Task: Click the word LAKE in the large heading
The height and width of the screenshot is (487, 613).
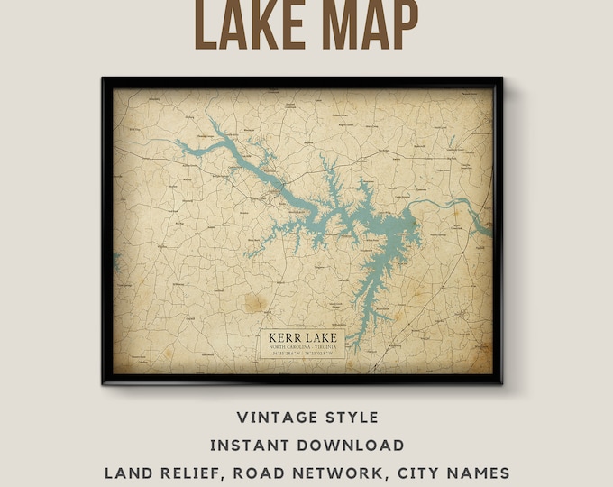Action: (x=247, y=25)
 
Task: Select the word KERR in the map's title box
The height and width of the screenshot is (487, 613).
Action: (x=284, y=339)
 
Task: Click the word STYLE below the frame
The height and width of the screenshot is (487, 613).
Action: (x=352, y=418)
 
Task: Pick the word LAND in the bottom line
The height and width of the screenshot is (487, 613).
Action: (x=125, y=472)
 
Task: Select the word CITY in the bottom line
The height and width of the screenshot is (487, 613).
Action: (x=411, y=472)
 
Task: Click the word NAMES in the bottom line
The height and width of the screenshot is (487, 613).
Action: (x=477, y=472)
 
